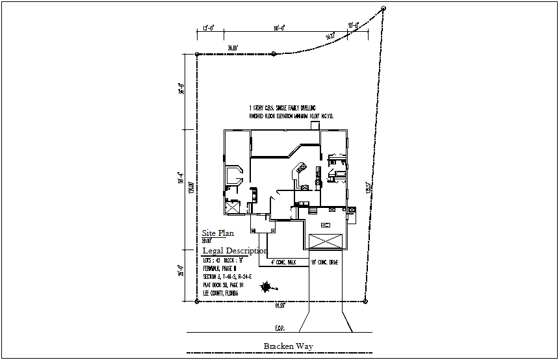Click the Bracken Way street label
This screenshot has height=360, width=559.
point(288,346)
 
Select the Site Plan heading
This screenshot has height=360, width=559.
point(217,233)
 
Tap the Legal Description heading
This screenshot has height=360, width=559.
point(235,251)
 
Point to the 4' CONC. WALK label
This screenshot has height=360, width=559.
point(283,263)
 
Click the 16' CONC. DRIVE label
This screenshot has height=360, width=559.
point(325,263)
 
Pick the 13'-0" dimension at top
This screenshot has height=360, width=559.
point(209,29)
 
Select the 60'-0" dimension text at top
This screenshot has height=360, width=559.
point(279,29)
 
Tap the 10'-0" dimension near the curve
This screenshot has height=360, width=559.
point(354,26)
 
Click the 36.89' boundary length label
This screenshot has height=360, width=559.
point(233,48)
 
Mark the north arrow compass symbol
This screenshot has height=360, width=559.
point(266,287)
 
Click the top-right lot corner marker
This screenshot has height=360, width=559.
point(383,8)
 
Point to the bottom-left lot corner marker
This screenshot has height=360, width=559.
point(197,301)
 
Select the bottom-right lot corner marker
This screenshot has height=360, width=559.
point(365,301)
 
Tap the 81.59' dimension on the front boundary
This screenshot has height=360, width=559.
point(280,305)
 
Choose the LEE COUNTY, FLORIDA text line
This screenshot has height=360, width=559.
point(220,294)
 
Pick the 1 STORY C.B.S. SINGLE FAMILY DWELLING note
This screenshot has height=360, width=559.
point(282,107)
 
